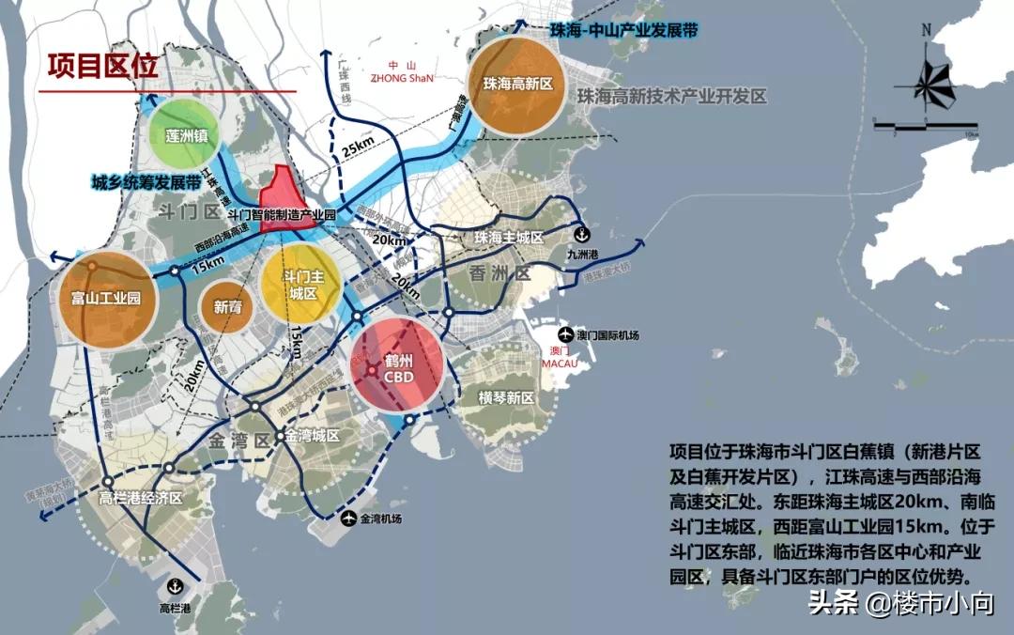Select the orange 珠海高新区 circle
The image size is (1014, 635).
point(515,84)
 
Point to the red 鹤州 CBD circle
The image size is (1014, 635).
point(398,367)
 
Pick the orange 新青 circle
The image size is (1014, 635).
point(227,306)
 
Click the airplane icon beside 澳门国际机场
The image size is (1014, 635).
point(565,335)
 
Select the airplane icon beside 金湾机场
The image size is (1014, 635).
point(349,518)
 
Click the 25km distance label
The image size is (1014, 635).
point(358,149)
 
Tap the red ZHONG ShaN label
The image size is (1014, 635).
point(403,79)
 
